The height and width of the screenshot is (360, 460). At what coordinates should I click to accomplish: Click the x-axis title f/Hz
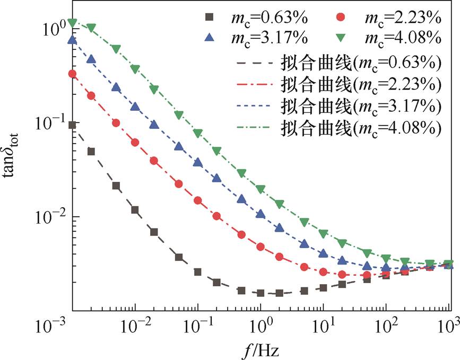tap(261, 350)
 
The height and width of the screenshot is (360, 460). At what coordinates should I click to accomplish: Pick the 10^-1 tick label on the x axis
tap(197, 325)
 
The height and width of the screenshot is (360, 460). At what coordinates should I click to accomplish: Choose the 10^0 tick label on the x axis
tap(261, 325)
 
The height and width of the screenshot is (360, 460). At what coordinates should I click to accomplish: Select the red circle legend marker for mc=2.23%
tap(341, 17)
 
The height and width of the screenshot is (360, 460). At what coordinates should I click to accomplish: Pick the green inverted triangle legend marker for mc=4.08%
tap(341, 38)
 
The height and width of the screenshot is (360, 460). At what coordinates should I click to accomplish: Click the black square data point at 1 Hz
tap(261, 293)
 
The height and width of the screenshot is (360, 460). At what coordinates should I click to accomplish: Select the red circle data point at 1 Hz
tap(261, 247)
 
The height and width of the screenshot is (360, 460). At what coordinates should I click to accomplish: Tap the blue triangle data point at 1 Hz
tap(261, 214)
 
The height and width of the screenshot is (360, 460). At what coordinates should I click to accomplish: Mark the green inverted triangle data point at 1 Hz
tap(261, 189)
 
